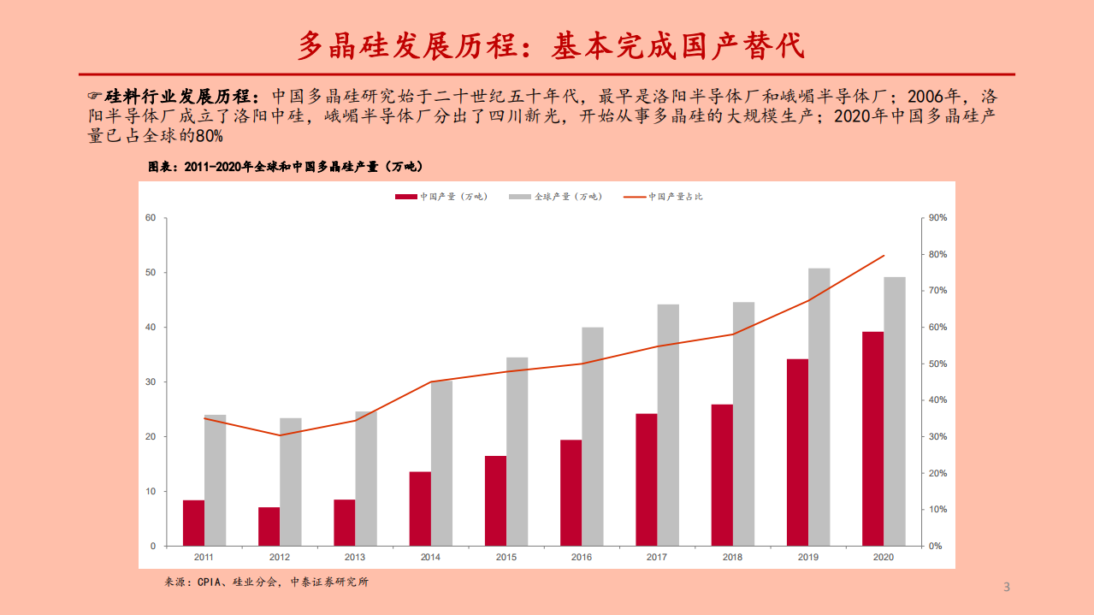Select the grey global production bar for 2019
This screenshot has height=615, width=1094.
[819, 406]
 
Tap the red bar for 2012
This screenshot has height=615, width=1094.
[269, 526]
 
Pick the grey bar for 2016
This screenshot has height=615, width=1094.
[593, 436]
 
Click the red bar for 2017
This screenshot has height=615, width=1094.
[647, 479]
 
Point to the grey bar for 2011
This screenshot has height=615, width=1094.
[216, 480]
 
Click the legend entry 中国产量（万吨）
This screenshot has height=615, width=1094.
[441, 197]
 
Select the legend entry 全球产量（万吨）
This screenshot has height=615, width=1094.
[556, 197]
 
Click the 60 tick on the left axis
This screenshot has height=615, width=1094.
[151, 218]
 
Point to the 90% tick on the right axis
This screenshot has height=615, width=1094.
[937, 218]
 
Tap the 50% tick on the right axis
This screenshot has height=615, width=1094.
[937, 364]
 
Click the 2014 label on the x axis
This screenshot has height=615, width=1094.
[430, 557]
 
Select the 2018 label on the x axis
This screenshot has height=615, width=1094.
[732, 557]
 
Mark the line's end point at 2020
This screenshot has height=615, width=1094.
[884, 256]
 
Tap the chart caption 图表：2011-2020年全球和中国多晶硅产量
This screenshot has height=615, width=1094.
[287, 167]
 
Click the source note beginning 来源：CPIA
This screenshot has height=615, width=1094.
[266, 582]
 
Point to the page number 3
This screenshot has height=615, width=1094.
[1006, 587]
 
